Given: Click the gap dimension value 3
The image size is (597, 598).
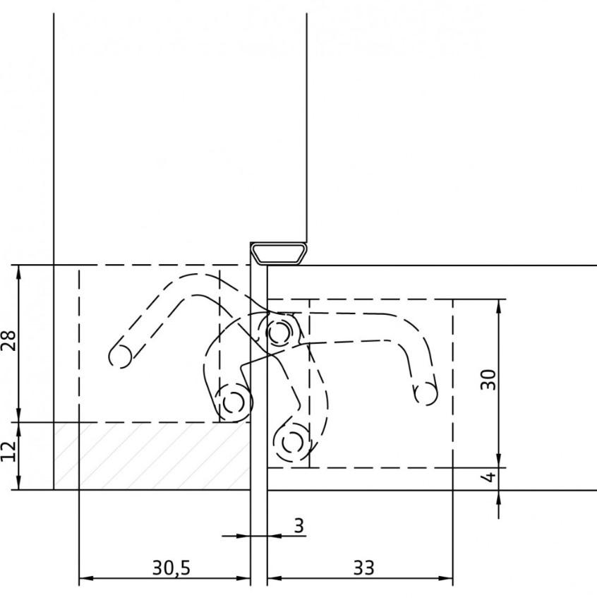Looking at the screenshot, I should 298,525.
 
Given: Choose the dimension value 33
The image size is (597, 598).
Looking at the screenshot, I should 363,567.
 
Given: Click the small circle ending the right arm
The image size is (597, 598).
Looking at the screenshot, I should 426,394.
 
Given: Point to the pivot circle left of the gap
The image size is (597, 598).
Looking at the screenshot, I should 233,402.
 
